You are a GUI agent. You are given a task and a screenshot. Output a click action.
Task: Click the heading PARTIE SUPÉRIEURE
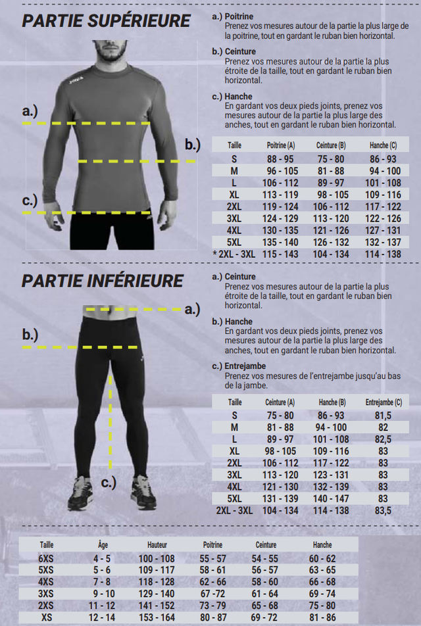(107, 21)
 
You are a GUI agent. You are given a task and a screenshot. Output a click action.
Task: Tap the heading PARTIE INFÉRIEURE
(103, 281)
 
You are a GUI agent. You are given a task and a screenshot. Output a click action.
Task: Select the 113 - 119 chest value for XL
(280, 195)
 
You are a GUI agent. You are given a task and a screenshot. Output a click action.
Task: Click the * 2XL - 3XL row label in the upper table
(234, 254)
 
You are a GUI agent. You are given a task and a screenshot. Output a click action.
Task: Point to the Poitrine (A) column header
(280, 145)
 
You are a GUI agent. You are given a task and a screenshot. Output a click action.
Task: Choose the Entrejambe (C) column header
(384, 402)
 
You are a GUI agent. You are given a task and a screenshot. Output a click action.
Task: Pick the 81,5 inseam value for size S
(383, 416)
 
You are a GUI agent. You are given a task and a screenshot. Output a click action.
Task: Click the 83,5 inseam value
(383, 511)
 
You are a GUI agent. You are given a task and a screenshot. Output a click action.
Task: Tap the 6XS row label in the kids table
(46, 558)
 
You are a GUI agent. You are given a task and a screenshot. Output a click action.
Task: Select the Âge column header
(103, 544)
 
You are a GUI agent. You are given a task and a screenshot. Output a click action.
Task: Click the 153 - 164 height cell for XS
(157, 617)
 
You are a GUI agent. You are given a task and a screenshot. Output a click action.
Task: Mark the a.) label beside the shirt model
(30, 111)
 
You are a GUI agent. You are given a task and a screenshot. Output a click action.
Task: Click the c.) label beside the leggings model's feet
(109, 483)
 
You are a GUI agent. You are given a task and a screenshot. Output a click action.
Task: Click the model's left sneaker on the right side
(143, 492)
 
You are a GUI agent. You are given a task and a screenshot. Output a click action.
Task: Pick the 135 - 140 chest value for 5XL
(280, 243)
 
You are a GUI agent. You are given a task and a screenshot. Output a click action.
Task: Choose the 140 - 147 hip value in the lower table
(331, 498)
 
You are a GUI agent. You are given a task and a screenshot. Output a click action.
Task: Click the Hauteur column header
(157, 544)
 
